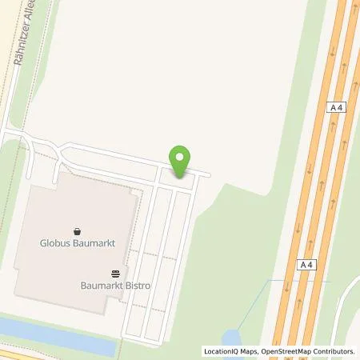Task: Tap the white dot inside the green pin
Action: [x=181, y=157]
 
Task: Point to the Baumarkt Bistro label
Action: [x=116, y=285]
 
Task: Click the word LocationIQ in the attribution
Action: [x=223, y=351]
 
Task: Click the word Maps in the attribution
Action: [x=253, y=351]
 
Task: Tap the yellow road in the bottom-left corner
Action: [x=16, y=354]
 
